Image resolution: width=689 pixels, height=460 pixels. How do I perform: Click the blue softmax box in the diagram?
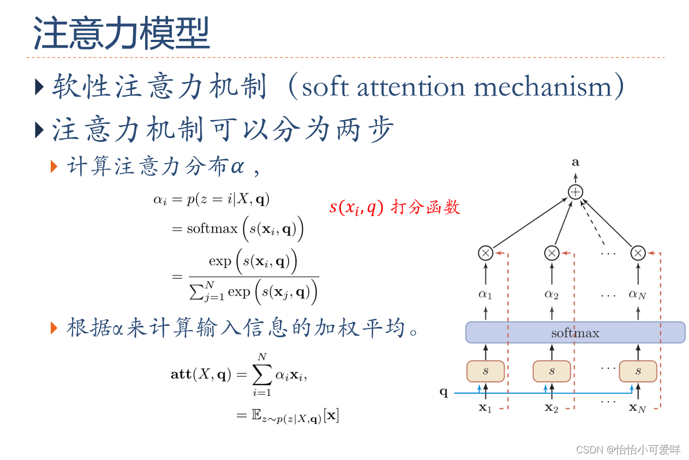click(x=575, y=332)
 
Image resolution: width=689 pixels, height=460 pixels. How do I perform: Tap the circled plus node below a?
click(x=576, y=192)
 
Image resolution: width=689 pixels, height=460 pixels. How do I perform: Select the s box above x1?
click(x=486, y=371)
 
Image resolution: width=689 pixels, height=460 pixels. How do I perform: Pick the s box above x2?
click(x=552, y=371)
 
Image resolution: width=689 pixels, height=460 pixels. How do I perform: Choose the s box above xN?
click(x=638, y=371)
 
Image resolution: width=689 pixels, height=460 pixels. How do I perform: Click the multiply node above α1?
click(x=486, y=253)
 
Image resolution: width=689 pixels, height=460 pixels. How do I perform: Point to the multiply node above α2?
click(x=552, y=253)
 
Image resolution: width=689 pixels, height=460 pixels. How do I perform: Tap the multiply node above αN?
click(x=638, y=253)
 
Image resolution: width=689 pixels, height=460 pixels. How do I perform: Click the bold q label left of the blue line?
click(x=444, y=392)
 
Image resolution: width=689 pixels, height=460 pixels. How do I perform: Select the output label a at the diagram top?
click(x=576, y=162)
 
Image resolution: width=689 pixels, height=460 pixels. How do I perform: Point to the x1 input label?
click(x=486, y=408)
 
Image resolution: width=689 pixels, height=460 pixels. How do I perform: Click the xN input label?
click(x=637, y=408)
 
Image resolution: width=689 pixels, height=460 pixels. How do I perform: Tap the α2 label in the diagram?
click(x=552, y=295)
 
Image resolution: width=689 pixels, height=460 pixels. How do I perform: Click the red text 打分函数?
click(x=426, y=207)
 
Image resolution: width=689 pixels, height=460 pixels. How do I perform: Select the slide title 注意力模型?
click(x=121, y=34)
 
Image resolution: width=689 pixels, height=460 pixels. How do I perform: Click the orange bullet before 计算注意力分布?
click(x=54, y=166)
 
